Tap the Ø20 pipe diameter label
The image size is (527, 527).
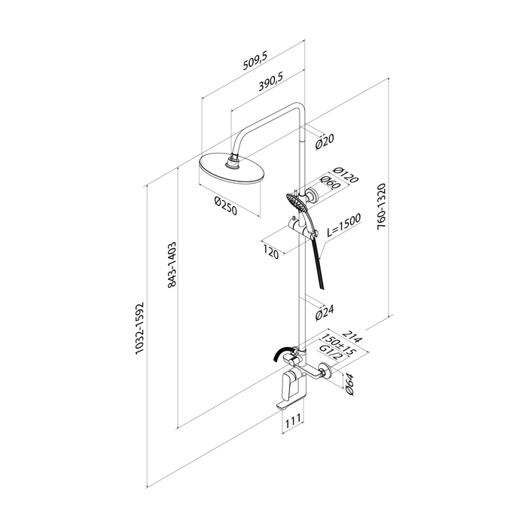[324, 139]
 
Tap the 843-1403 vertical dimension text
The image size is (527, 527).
[172, 264]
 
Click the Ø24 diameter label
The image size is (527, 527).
[324, 312]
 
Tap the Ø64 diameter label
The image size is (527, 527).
[350, 384]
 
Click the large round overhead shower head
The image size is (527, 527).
[232, 171]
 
